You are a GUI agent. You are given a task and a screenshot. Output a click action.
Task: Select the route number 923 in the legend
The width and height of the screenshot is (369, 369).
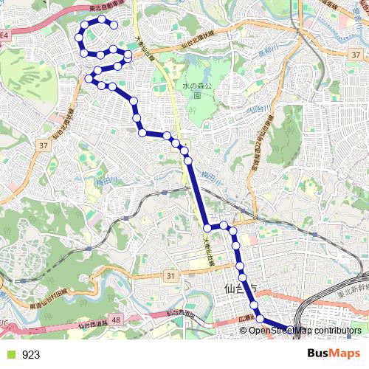(x=31, y=355)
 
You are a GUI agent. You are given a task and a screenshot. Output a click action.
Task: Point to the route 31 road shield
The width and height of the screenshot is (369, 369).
(x=172, y=276)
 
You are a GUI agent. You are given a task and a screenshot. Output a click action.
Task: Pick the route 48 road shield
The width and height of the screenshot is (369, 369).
(x=116, y=320)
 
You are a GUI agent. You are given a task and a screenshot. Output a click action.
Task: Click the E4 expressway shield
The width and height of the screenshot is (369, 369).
(x=4, y=35)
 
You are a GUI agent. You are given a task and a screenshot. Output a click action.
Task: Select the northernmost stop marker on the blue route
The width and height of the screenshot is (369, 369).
(x=102, y=19)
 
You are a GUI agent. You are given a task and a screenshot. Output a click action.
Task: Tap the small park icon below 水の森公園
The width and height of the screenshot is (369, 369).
(x=197, y=94)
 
